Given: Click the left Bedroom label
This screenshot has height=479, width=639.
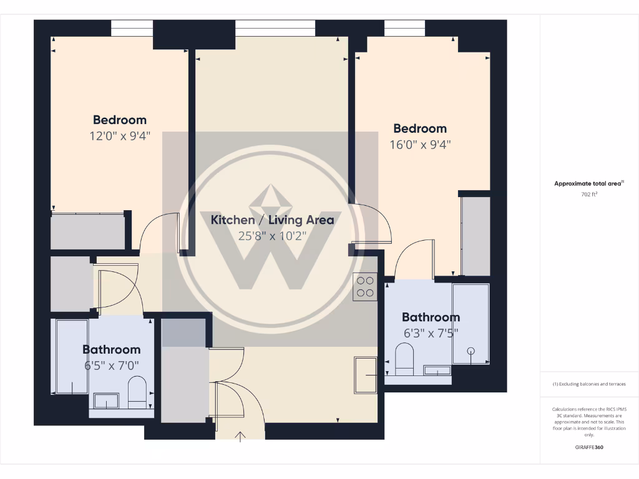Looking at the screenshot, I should (x=120, y=120).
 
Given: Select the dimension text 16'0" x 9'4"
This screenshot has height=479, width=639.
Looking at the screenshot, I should (x=419, y=144).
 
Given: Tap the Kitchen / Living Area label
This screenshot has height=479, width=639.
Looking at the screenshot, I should (x=272, y=220).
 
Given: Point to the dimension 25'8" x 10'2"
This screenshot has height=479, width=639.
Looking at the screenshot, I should (x=272, y=236).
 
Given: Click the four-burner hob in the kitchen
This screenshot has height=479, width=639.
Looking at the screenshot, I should (x=364, y=287).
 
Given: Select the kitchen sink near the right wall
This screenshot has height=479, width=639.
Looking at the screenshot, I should (x=365, y=375).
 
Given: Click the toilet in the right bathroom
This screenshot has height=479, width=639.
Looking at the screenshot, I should (x=405, y=360).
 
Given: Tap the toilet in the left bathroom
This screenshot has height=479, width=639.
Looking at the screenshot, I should (x=137, y=391).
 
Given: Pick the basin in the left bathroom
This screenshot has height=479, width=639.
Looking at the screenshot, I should (x=106, y=400).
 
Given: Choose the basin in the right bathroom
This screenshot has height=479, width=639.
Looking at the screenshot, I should (x=437, y=370).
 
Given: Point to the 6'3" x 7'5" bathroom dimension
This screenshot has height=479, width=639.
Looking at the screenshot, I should (x=431, y=332).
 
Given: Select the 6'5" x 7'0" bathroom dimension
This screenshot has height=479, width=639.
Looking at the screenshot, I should (x=112, y=365).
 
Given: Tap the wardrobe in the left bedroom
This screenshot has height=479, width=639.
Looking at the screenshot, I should (x=87, y=231).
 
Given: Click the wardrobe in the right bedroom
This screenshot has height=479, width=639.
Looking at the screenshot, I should (x=476, y=236).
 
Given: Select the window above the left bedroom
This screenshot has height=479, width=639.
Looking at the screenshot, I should (x=132, y=28).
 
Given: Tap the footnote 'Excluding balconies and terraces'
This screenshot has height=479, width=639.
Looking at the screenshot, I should (x=589, y=384).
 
